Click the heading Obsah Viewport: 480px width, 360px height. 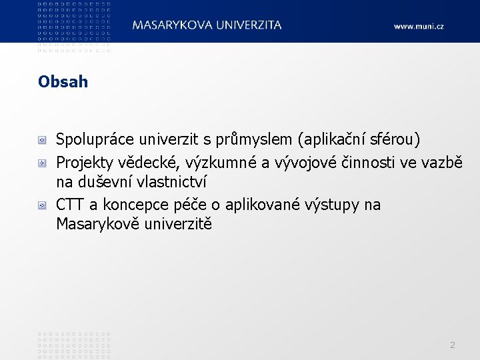pos(63,82)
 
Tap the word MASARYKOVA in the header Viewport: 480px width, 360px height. pos(172,25)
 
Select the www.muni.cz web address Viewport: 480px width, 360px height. pos(419,26)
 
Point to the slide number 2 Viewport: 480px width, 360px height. pos(453,345)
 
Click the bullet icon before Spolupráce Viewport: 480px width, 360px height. pos(42,141)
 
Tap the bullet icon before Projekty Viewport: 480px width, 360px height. pos(42,162)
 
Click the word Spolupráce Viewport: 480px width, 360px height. pos(94,140)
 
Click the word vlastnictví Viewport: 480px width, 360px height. pos(167,181)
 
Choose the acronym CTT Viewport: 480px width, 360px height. pos(69,205)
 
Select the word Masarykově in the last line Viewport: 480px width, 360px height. pos(96,224)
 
